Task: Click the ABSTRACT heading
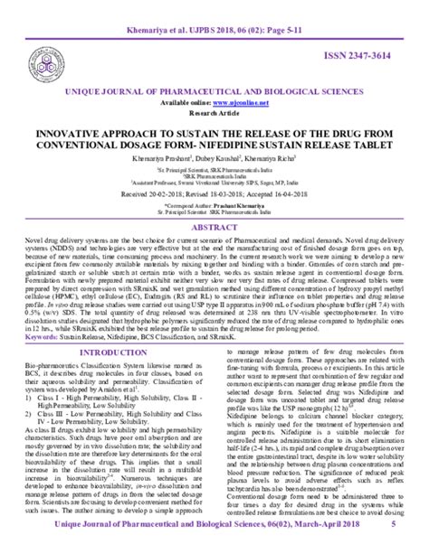[214, 228]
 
